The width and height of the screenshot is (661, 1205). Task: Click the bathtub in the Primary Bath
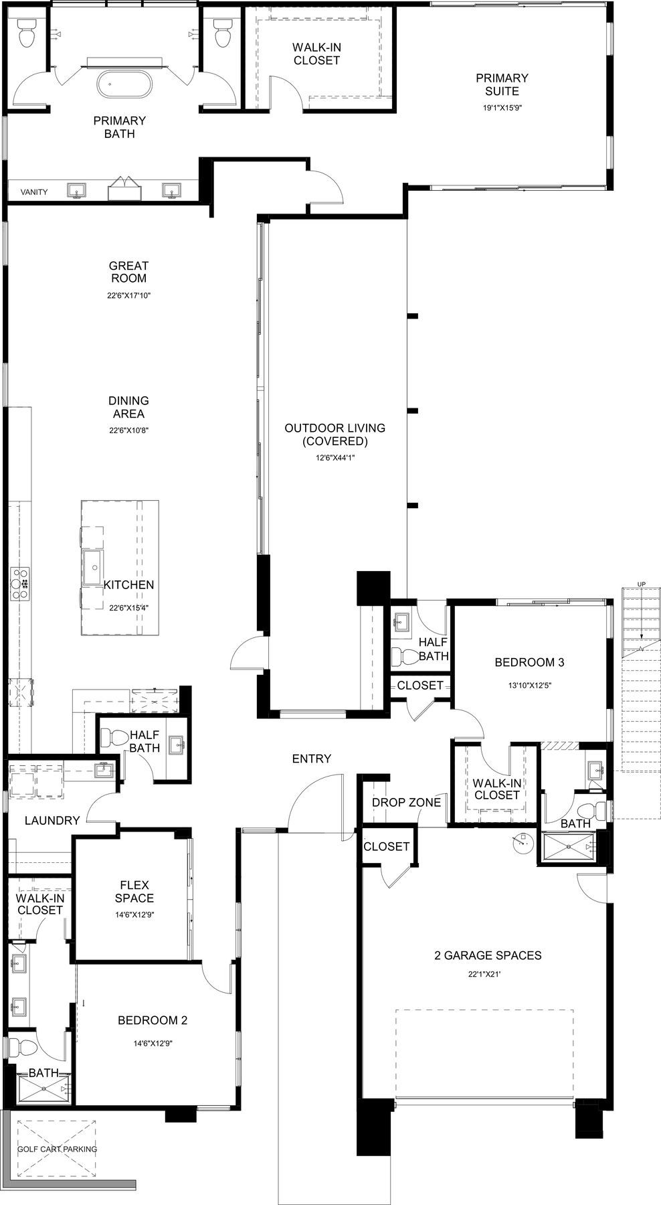[124, 86]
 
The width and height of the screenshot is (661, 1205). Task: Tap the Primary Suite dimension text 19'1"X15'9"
[502, 106]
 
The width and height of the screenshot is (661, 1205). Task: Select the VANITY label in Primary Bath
[34, 192]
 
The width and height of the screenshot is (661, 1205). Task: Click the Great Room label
[129, 272]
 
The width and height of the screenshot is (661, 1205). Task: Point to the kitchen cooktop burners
[20, 582]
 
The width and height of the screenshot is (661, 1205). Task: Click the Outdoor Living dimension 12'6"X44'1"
[335, 458]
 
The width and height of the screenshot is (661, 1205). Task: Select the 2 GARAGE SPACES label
[488, 955]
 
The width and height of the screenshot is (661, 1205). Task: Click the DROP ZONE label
[406, 802]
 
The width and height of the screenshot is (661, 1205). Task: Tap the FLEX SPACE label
[134, 892]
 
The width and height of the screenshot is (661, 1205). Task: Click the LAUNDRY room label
[52, 820]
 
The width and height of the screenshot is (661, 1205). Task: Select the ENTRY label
[312, 758]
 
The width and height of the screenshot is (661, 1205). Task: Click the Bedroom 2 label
[153, 1020]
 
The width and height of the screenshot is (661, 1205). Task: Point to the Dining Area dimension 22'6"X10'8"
[128, 430]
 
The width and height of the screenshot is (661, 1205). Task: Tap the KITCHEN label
[128, 584]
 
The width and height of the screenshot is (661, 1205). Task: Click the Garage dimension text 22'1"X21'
[484, 975]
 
